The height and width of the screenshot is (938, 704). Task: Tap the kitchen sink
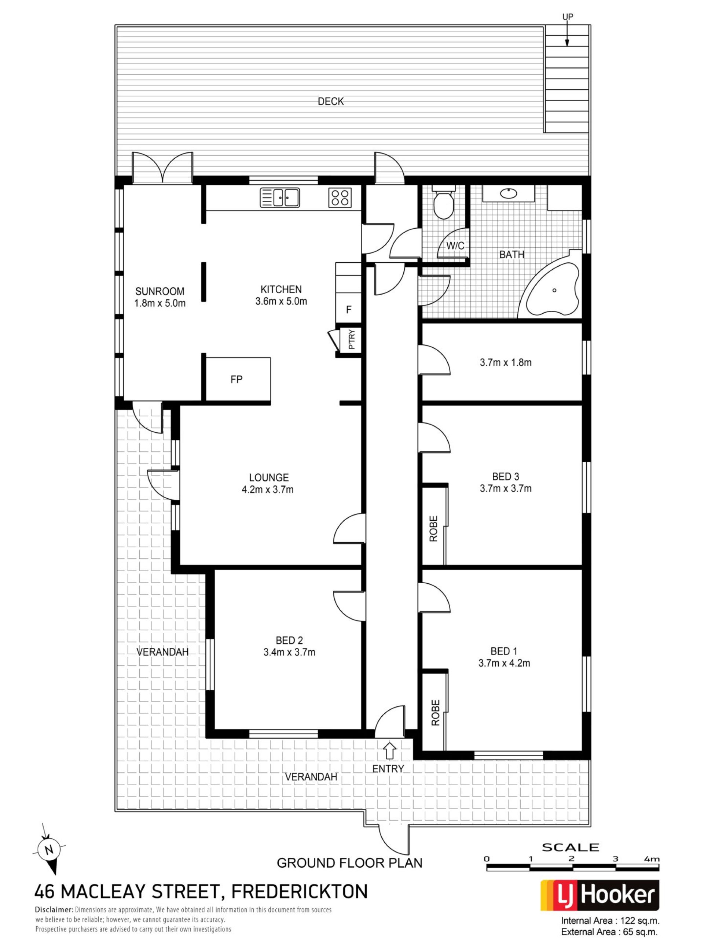point(279,197)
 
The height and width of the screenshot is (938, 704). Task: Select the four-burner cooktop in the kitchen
point(340,197)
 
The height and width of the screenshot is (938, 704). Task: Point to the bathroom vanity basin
point(508,193)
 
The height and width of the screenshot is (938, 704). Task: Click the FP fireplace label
point(236,380)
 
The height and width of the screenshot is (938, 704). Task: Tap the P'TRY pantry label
point(351,339)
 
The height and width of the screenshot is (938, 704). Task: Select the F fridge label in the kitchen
point(348,310)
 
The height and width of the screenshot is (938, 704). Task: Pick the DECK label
point(331,101)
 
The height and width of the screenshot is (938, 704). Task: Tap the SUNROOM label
point(159,291)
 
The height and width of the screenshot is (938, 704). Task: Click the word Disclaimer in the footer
point(54,909)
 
